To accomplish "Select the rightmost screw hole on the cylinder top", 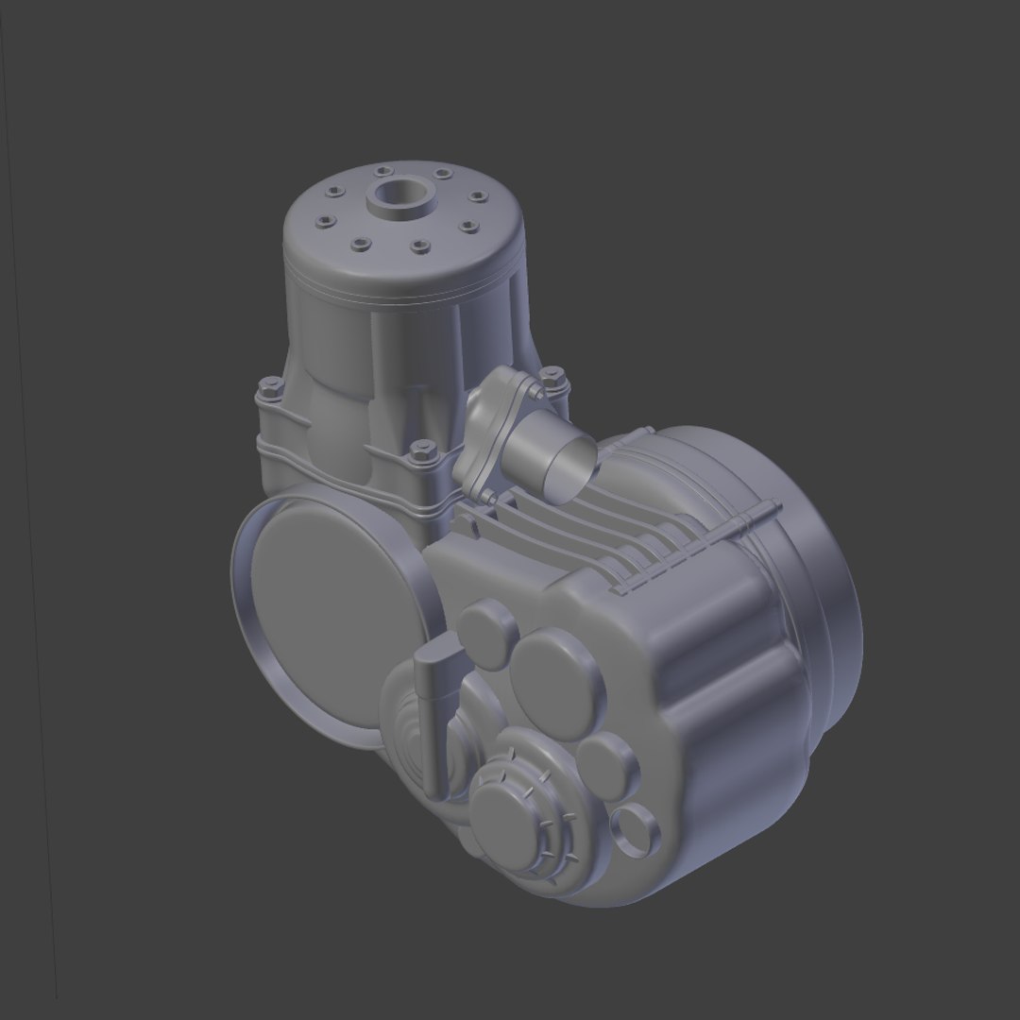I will pyautogui.click(x=477, y=196).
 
